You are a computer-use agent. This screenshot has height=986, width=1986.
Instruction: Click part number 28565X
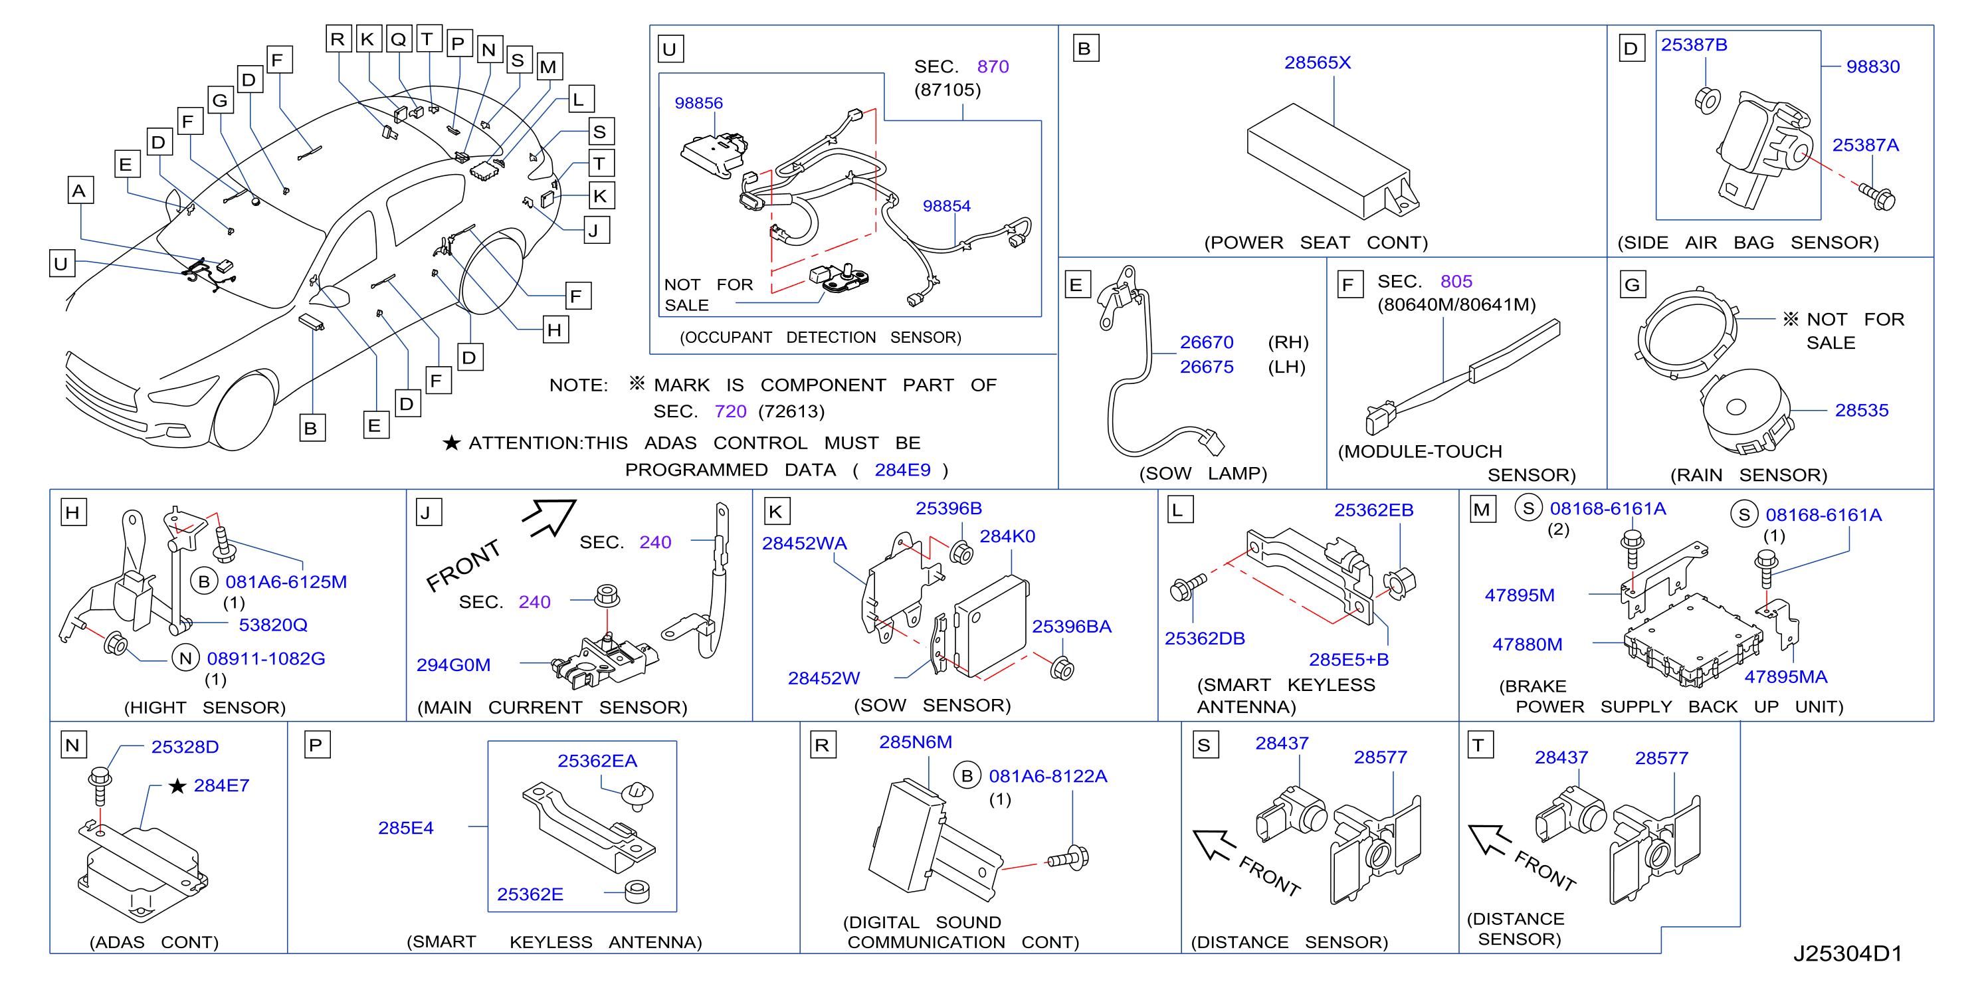pos(1317,62)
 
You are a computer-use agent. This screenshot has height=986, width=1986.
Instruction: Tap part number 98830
pos(1872,66)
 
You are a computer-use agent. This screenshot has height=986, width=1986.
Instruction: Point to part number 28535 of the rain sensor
pos(1861,410)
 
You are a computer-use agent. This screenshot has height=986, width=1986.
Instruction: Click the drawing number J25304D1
pos(1847,953)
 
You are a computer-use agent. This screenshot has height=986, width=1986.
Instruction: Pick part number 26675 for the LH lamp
pos(1207,367)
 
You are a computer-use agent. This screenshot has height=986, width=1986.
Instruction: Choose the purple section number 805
pos(1456,282)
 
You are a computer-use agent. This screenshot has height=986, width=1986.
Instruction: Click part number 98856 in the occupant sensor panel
pos(698,103)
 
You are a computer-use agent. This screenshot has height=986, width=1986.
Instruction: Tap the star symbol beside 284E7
pos(177,785)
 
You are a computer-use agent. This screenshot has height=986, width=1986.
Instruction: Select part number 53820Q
pos(273,625)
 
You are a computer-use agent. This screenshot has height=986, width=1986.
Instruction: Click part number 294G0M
pos(453,664)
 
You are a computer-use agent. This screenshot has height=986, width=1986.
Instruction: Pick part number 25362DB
pos(1204,639)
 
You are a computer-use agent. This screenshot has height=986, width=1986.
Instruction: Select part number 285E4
pos(405,828)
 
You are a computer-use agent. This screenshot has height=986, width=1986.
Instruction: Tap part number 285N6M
pos(915,741)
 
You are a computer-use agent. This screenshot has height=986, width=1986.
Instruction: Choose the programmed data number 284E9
pos(902,470)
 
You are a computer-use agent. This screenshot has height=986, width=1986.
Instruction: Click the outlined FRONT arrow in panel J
pos(549,516)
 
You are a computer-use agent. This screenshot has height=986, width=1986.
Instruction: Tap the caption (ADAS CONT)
pos(154,942)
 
